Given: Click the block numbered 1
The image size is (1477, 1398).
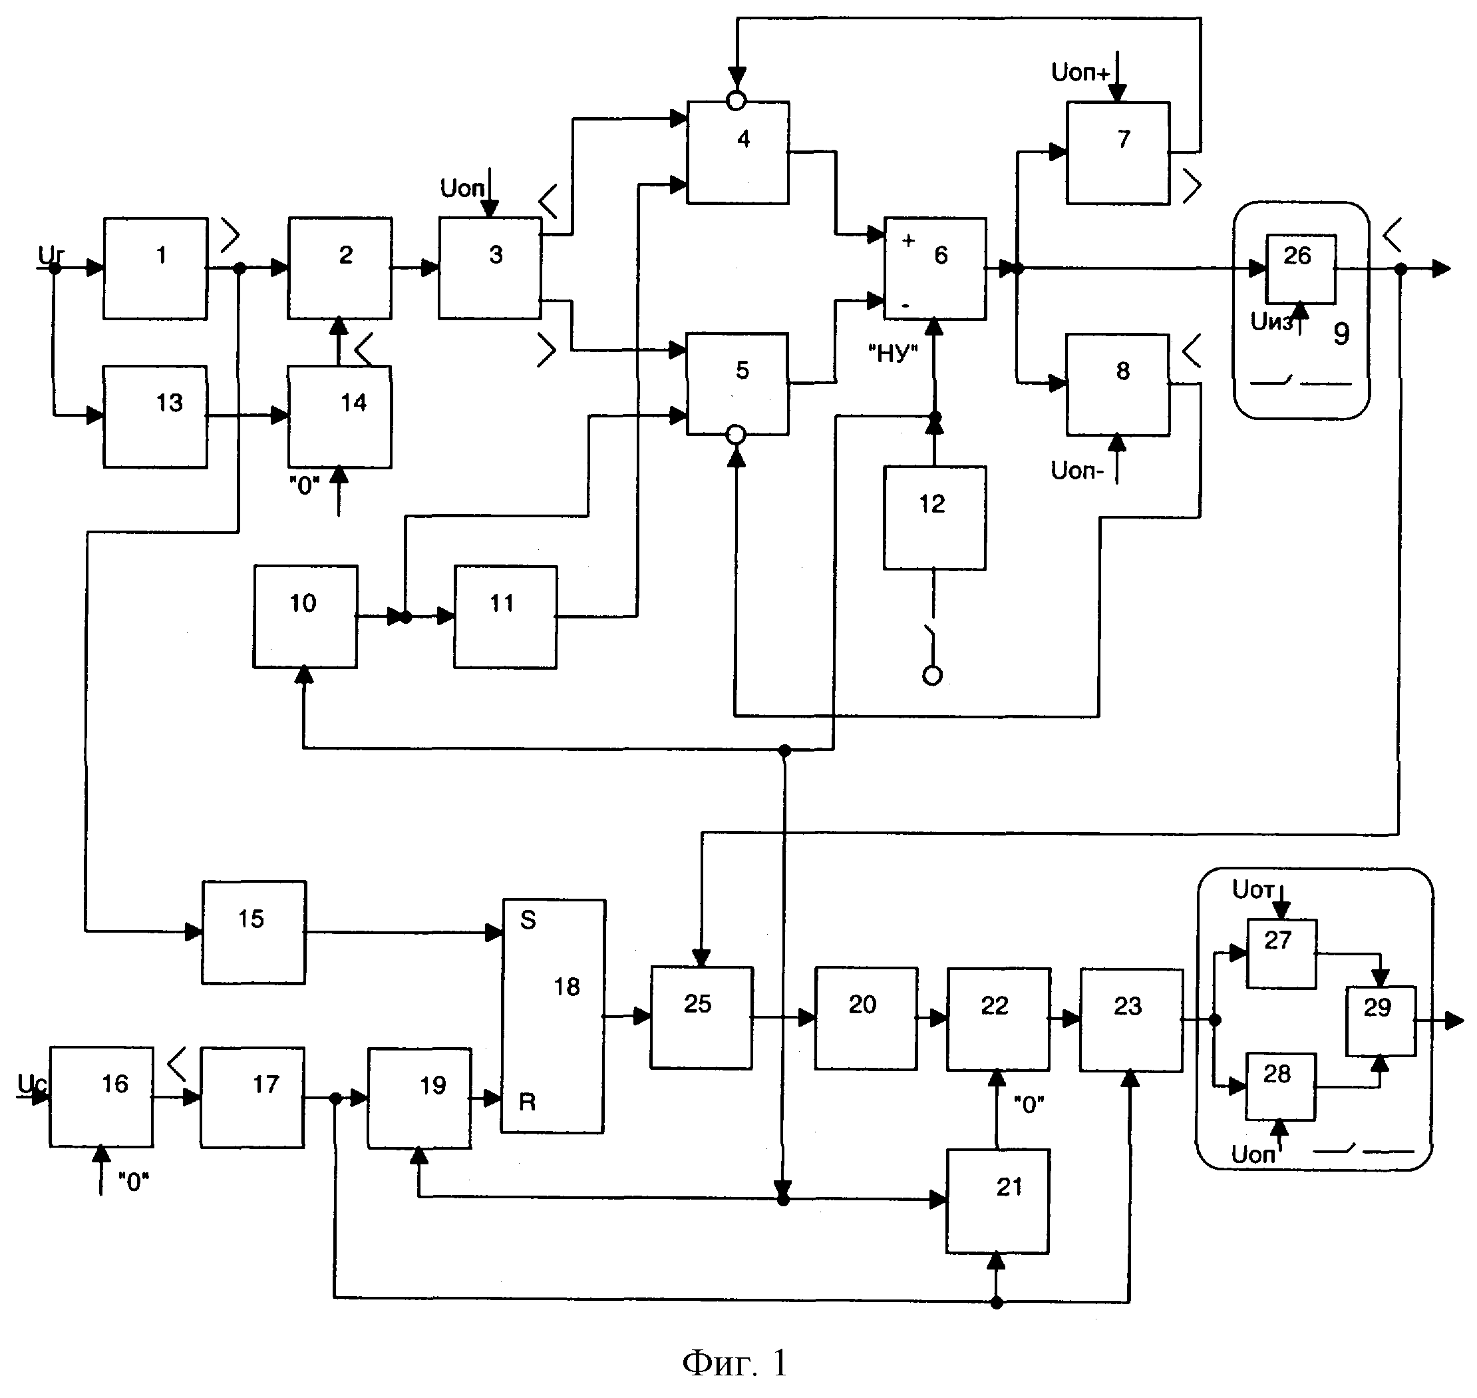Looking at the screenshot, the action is (155, 268).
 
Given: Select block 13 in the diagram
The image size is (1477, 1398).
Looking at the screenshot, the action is (155, 417).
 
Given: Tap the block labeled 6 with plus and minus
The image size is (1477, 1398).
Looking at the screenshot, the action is (935, 268).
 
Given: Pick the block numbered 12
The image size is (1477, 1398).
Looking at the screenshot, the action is (935, 519).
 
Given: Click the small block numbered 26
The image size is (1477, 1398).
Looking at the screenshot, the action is (1301, 269).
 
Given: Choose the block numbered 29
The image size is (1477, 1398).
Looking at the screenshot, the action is (1380, 1021).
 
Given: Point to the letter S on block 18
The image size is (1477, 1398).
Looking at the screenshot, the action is (528, 920).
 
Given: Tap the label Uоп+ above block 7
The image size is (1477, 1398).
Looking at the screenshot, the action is (1080, 73).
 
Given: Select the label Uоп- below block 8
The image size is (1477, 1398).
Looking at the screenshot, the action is (1077, 470).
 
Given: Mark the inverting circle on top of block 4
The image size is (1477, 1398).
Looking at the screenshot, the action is (736, 100).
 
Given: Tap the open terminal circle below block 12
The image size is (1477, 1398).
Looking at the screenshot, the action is (933, 676).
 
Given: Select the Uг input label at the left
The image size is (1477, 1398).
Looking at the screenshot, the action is (51, 256).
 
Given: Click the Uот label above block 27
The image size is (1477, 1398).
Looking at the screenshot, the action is (1254, 889).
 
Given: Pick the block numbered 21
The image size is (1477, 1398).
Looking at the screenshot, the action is (998, 1202).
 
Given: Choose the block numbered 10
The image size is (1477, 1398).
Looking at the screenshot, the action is (305, 616).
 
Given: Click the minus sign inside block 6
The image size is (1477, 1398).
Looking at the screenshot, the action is (905, 306).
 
